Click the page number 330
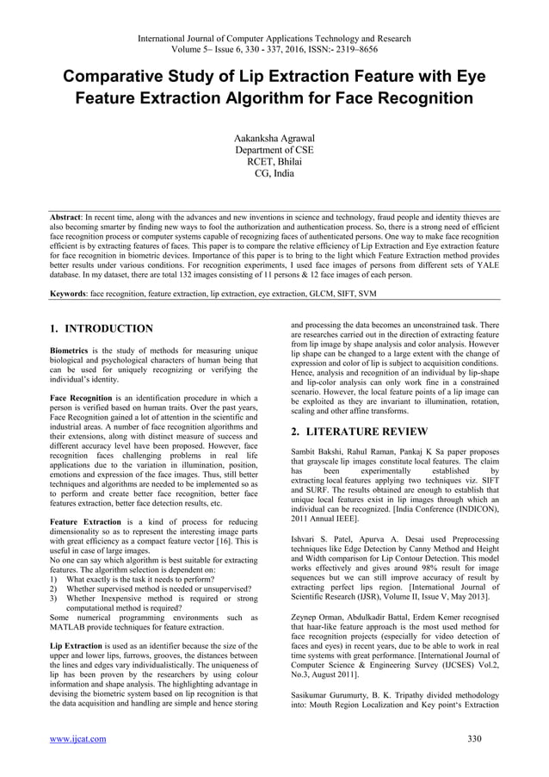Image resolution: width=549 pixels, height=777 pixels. (473, 738)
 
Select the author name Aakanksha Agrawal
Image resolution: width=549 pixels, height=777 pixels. (274, 137)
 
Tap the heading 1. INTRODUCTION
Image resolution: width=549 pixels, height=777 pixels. (102, 329)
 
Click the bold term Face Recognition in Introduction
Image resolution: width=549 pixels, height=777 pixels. (80, 399)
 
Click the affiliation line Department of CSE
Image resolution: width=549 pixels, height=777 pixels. (274, 149)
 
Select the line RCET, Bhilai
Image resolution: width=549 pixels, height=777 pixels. (274, 161)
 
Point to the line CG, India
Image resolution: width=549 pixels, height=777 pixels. (274, 173)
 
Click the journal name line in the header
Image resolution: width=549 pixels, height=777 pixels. (274, 39)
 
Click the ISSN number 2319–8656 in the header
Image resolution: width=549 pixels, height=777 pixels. (392, 50)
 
